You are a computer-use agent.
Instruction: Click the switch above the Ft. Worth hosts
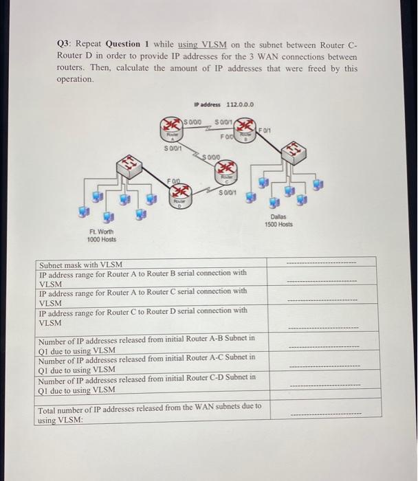pyautogui.click(x=129, y=164)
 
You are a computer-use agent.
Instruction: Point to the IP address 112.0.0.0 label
pyautogui.click(x=225, y=104)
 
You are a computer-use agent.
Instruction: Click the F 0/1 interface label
pyautogui.click(x=265, y=128)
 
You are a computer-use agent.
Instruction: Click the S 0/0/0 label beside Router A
pyautogui.click(x=195, y=122)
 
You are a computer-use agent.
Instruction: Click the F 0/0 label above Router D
pyautogui.click(x=175, y=179)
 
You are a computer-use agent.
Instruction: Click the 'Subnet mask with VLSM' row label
pyautogui.click(x=80, y=265)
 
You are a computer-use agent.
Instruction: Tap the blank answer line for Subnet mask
pyautogui.click(x=321, y=264)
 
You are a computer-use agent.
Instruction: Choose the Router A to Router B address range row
pyautogui.click(x=143, y=278)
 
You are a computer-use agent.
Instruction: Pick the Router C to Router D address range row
pyautogui.click(x=143, y=315)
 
